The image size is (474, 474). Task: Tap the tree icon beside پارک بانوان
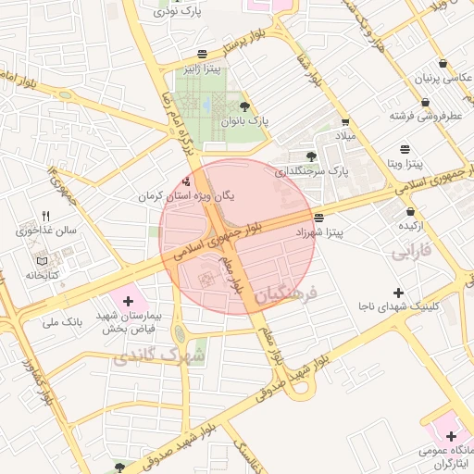pos(244,107)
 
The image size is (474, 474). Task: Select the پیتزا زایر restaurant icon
pos(203,54)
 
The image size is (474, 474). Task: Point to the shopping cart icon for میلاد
pos(345,122)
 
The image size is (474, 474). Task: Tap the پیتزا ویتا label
pos(405,163)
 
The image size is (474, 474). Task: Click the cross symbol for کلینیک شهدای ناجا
pos(398,292)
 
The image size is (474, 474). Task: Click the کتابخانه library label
pos(42,275)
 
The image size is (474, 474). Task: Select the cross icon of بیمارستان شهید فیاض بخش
pos(127,301)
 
